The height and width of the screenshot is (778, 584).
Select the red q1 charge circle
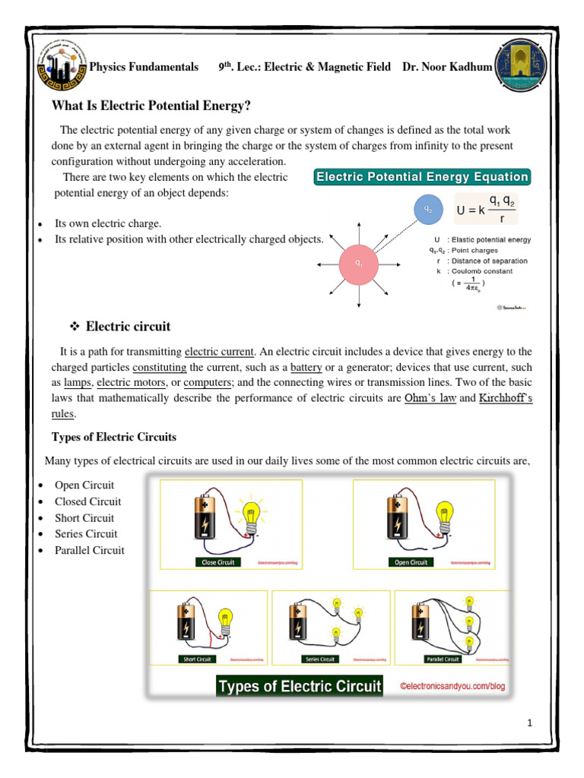358,263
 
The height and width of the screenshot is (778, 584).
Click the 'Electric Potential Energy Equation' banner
422,177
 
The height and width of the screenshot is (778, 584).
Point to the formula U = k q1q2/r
485,209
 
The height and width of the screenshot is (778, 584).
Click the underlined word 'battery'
307,367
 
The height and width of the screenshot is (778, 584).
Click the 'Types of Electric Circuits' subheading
113,438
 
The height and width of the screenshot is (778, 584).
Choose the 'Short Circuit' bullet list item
84,518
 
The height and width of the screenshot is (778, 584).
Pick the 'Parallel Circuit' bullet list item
89,550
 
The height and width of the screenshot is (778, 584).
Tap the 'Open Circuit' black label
411,562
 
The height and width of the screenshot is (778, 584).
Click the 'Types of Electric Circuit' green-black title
300,687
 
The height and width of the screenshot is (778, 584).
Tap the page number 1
529,723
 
